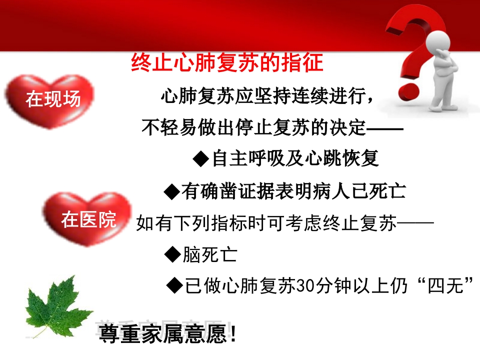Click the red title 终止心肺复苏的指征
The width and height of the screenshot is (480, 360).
[227, 64]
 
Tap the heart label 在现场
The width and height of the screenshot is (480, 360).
[53, 99]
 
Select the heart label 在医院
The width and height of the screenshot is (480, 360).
[88, 219]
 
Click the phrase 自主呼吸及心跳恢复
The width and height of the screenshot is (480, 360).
[295, 159]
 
